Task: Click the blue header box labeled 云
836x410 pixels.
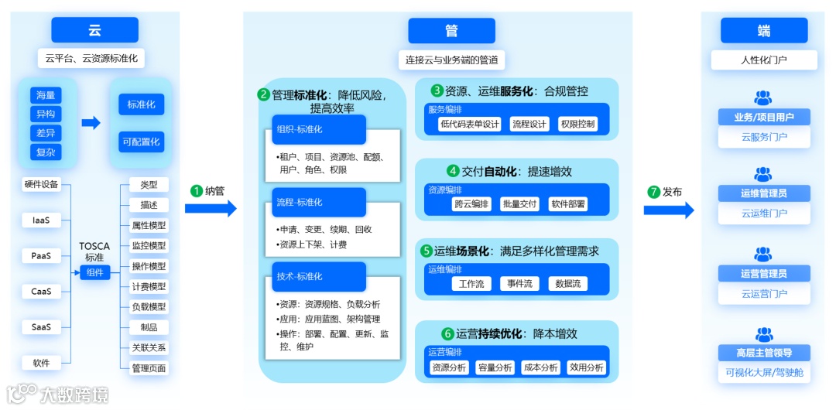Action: pyautogui.click(x=94, y=30)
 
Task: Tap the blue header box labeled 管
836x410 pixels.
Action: pyautogui.click(x=451, y=30)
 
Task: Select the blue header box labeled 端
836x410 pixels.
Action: pyautogui.click(x=763, y=30)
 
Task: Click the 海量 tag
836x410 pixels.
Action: pyautogui.click(x=46, y=95)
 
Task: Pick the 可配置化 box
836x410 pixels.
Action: pyautogui.click(x=141, y=142)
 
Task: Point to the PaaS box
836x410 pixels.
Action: pyautogui.click(x=41, y=256)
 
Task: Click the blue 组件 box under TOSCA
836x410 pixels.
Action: pyautogui.click(x=95, y=272)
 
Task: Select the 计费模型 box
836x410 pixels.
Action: pyautogui.click(x=149, y=286)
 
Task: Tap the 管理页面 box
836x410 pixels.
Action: pyautogui.click(x=149, y=368)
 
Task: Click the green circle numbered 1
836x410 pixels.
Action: pyautogui.click(x=197, y=190)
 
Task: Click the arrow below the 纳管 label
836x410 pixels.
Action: pyautogui.click(x=211, y=208)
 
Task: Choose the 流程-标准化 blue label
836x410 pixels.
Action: pyautogui.click(x=319, y=203)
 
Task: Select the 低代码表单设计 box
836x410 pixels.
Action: pyautogui.click(x=470, y=124)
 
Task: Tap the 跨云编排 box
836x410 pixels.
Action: pyautogui.click(x=471, y=204)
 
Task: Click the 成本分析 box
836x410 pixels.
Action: pyautogui.click(x=540, y=367)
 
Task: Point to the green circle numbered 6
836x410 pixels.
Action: pyautogui.click(x=447, y=334)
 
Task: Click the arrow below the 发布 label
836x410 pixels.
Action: pyautogui.click(x=669, y=210)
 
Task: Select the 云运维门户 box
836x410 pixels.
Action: pyautogui.click(x=763, y=214)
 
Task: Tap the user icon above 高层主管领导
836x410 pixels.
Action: pyautogui.click(x=763, y=334)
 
